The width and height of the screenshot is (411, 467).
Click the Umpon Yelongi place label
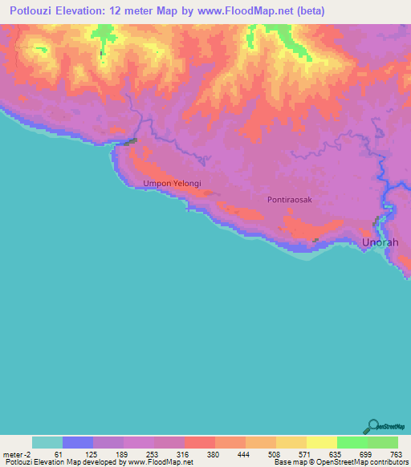coord(172,183)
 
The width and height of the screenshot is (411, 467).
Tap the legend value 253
coord(152,454)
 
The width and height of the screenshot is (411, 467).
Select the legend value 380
coord(213,454)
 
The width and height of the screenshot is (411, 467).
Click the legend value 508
coord(274,454)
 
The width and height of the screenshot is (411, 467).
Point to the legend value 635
coord(335,454)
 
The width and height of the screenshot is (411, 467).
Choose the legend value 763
coord(395,454)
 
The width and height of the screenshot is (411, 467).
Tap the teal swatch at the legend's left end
coord(47,442)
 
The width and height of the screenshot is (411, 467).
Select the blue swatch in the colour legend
coord(78,442)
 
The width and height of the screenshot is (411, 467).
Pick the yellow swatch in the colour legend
coord(321,442)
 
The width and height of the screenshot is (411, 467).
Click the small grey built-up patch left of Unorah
coord(315,240)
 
